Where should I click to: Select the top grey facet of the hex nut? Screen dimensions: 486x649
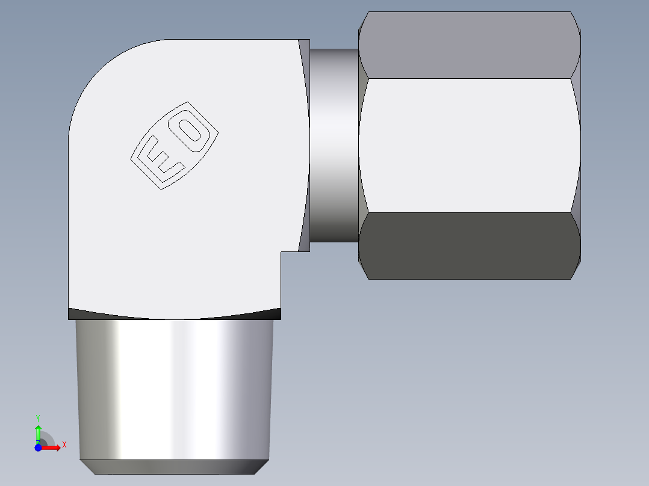point(470,45)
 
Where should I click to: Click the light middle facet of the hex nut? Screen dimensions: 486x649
point(470,145)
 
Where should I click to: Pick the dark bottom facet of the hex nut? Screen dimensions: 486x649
point(470,245)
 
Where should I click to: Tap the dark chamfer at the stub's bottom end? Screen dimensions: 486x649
point(175,467)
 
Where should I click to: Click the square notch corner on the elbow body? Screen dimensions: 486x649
point(281,252)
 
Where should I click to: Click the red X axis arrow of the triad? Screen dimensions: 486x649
point(53,448)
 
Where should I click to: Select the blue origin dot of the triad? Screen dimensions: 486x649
point(38,448)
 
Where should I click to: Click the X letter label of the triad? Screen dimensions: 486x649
point(64,444)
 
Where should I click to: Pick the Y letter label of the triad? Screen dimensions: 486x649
point(38,417)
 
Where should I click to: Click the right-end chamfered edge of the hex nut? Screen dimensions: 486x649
point(577,145)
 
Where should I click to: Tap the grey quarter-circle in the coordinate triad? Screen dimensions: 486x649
point(47,439)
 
